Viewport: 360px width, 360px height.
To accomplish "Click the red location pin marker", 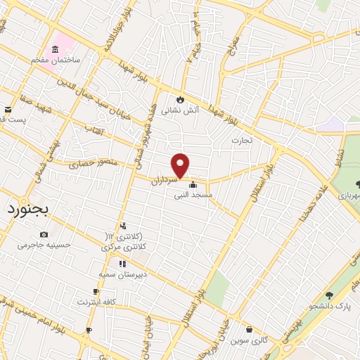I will pyautogui.click(x=181, y=166).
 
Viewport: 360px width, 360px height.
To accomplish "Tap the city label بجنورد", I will pyautogui.click(x=27, y=210).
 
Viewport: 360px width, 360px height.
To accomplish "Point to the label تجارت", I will pyautogui.click(x=247, y=141).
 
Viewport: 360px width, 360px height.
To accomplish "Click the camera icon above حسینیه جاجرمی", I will pyautogui.click(x=44, y=234).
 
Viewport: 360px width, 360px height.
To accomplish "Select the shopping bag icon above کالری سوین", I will pyautogui.click(x=249, y=328).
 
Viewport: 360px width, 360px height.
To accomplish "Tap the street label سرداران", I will pyautogui.click(x=164, y=181).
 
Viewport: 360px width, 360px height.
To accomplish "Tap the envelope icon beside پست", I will pyautogui.click(x=8, y=110).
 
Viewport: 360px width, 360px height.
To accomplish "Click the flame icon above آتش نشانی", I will pyautogui.click(x=181, y=98).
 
